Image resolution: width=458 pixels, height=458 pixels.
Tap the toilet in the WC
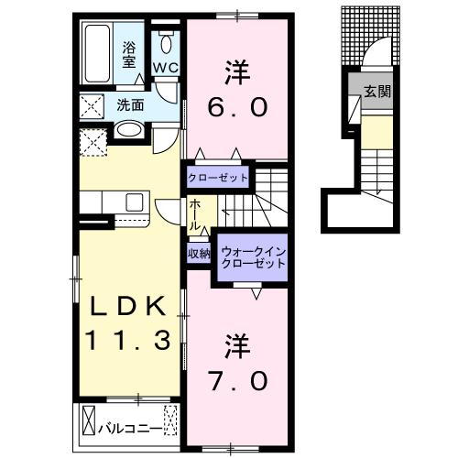167,44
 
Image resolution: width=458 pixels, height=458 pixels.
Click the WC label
166,69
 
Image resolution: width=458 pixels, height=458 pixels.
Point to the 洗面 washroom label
127,105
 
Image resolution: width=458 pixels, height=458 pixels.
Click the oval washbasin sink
128,131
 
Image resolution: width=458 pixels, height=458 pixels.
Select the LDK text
127,305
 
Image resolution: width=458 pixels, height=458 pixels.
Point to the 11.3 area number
127,342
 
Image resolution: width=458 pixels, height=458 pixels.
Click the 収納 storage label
200,253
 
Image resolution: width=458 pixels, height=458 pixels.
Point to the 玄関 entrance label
374,92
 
